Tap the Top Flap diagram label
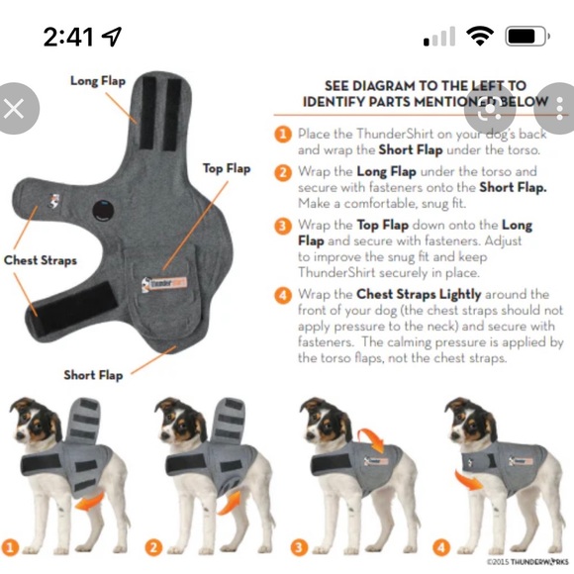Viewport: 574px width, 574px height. point(227,169)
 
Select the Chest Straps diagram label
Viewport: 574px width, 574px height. point(40,260)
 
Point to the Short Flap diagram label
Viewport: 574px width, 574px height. point(93,375)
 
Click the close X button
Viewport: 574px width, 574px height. point(15,108)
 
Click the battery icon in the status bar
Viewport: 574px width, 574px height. point(526,38)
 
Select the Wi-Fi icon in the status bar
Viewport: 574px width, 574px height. point(481,38)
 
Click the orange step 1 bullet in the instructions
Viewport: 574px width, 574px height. point(282,134)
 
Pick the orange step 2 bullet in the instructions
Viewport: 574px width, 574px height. point(282,170)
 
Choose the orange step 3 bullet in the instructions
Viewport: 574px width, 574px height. point(282,225)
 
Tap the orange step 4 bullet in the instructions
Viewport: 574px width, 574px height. point(282,294)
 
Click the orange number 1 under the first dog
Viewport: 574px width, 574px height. point(11,546)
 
